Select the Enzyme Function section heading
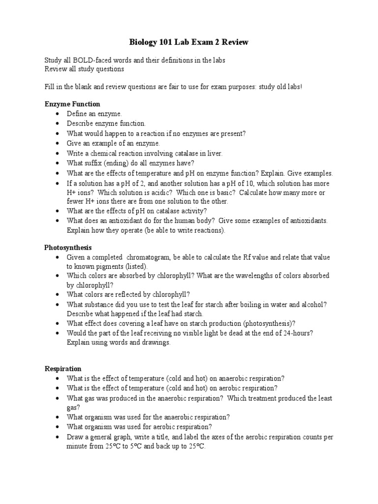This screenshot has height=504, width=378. [x=72, y=104]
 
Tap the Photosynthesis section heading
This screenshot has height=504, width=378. [x=68, y=247]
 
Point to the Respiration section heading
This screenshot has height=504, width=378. [x=63, y=369]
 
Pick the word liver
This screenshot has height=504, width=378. [x=215, y=153]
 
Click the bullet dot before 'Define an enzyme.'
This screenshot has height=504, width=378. [x=58, y=114]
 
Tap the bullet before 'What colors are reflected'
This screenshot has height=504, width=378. [x=58, y=295]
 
